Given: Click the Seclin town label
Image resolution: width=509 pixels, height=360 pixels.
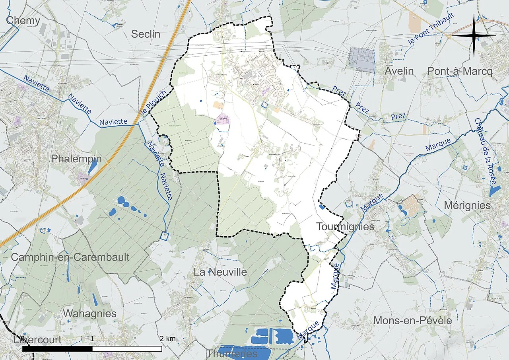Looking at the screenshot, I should click(146, 34).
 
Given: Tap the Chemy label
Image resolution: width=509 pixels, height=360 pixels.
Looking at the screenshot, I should click(23, 21).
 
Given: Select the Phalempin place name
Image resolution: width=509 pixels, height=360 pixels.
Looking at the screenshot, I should click(76, 159).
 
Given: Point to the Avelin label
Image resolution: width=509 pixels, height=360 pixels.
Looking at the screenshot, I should click(399, 71).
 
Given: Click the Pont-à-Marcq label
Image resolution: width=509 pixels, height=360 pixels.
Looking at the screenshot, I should click(460, 71).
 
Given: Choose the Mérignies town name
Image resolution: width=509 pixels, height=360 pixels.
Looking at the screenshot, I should click(467, 205).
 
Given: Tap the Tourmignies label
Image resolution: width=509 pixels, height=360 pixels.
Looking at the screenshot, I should click(345, 227).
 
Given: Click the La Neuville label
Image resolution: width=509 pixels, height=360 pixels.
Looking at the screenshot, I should click(220, 272).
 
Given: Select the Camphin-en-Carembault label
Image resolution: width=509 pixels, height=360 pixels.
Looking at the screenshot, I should click(70, 257).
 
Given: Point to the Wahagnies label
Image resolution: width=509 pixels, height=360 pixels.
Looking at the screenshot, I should click(89, 313).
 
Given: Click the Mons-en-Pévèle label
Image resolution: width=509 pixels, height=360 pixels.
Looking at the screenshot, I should click(412, 321).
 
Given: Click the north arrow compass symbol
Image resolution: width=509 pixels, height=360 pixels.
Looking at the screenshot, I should click(474, 36).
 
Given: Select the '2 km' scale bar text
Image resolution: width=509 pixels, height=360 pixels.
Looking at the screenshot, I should click(168, 339).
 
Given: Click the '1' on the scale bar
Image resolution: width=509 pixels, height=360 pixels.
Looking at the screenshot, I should click(92, 339).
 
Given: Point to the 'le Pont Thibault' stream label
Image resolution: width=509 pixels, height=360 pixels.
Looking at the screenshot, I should click(431, 28).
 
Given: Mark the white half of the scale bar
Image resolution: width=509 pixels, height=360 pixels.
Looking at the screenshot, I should click(127, 349).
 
